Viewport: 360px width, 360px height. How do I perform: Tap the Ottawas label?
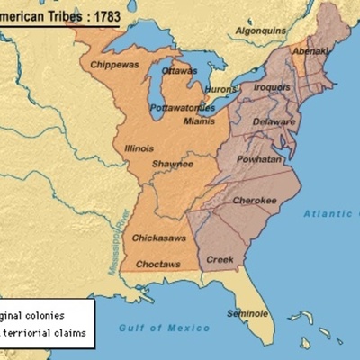(179, 70)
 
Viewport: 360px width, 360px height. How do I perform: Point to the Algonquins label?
(260, 30)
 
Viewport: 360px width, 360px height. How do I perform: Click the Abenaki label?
(310, 51)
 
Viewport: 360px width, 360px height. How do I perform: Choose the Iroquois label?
(273, 87)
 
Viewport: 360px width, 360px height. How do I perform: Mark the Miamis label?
(199, 121)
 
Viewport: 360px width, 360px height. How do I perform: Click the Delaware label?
(274, 121)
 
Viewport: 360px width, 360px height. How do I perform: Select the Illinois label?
(139, 148)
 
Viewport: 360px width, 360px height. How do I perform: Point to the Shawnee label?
(173, 164)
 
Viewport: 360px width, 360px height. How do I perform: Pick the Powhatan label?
(258, 159)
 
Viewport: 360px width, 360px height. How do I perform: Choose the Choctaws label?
(157, 265)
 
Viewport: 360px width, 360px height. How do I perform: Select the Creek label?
(220, 259)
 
